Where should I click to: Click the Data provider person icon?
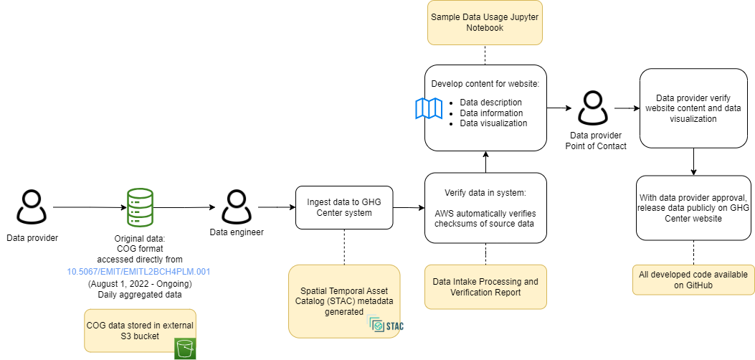pos(32,207)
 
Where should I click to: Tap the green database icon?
pos(140,207)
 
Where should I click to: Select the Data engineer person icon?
pos(235,207)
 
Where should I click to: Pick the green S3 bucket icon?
pos(186,348)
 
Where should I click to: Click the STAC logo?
pos(386,326)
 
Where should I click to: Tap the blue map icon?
pos(429,108)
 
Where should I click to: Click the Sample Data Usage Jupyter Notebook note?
pos(485,22)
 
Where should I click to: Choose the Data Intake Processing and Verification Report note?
pos(485,287)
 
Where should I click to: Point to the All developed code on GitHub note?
pos(693,280)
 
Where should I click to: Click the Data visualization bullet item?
pos(493,123)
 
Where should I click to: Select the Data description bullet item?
pos(490,103)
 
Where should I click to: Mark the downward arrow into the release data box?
pos(693,161)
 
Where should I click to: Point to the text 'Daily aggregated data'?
pos(139,294)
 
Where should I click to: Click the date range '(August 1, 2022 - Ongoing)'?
pos(139,283)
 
